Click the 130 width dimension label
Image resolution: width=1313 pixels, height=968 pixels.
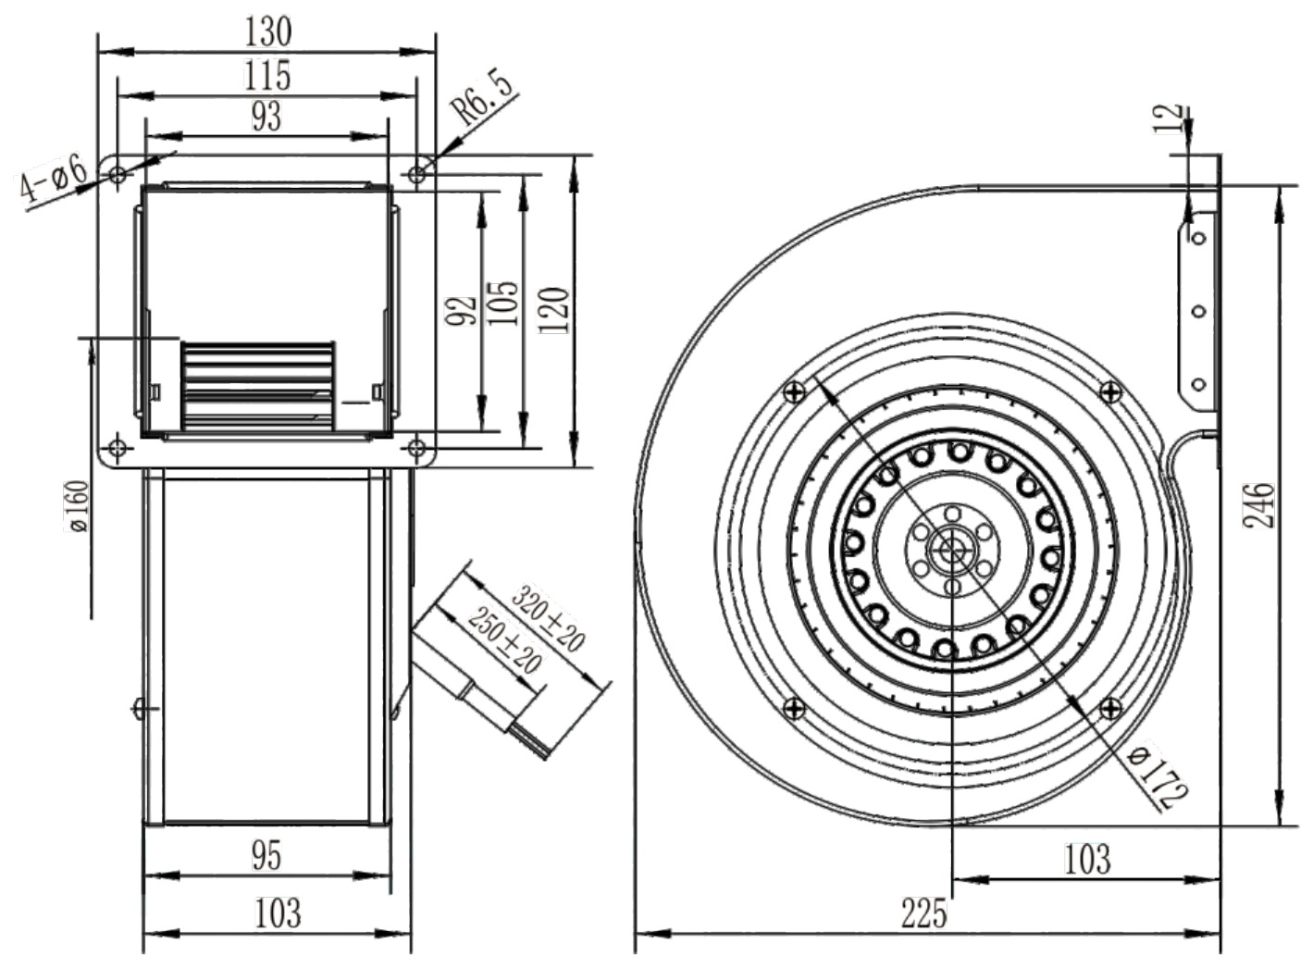268,31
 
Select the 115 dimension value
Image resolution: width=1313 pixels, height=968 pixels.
267,75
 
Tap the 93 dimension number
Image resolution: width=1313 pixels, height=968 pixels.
266,116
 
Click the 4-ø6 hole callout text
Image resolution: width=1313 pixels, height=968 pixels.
53,180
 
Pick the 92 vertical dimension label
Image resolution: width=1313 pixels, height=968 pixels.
461,311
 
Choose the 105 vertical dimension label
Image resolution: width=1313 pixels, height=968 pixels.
503,304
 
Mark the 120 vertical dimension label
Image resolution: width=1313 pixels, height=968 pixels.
554,310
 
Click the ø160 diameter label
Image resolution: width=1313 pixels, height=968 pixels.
77,506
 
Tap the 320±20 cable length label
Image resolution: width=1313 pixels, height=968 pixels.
548,618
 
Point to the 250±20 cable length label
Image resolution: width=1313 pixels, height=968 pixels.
504,640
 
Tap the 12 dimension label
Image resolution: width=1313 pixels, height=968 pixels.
1169,119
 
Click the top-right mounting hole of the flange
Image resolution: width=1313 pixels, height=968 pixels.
416,174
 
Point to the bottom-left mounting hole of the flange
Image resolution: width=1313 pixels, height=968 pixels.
118,449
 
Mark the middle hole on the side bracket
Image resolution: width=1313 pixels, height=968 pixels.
1199,311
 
